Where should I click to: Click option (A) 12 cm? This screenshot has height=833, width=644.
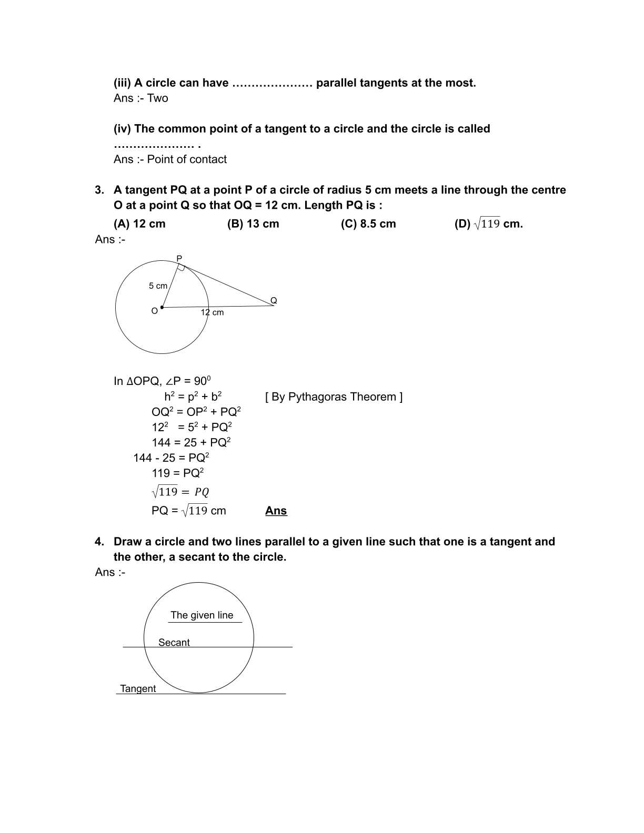click(139, 224)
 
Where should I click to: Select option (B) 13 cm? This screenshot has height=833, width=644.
click(253, 224)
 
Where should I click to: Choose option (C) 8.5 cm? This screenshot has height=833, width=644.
click(368, 224)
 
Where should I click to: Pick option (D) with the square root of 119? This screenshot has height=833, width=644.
click(488, 224)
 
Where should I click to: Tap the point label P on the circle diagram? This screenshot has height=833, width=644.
click(179, 259)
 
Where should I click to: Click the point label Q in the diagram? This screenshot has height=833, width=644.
click(274, 301)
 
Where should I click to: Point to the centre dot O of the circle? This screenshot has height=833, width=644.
click(162, 308)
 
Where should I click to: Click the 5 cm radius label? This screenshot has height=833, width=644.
click(158, 286)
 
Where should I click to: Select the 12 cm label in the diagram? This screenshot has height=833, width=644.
click(212, 312)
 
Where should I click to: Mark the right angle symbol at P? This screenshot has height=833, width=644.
click(181, 268)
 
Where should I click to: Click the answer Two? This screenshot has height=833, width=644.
click(157, 98)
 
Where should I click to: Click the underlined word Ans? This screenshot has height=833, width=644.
click(276, 511)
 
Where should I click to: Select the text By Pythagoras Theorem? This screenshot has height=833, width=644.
click(334, 397)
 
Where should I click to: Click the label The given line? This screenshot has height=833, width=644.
click(202, 615)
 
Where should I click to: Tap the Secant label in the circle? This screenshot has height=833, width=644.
click(174, 643)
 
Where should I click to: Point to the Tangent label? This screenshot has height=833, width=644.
click(138, 689)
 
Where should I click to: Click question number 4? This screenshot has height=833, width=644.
click(99, 542)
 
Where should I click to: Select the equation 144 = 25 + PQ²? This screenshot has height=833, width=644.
click(191, 443)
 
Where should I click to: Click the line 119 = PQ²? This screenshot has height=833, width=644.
click(177, 473)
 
